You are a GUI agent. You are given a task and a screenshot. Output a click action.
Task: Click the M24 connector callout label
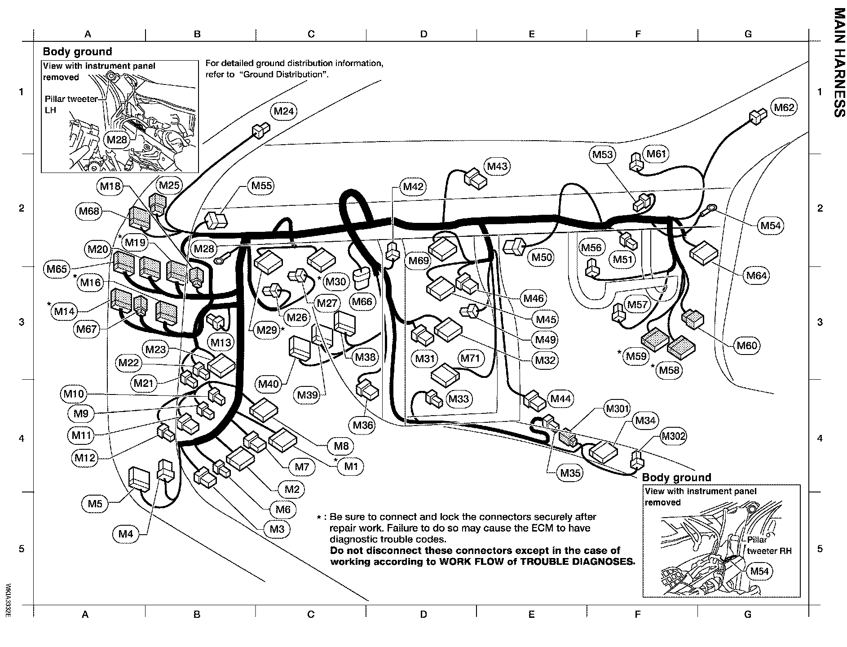[284, 111]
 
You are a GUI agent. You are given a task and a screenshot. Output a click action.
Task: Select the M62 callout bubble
[784, 107]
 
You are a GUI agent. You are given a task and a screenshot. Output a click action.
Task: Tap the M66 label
[362, 302]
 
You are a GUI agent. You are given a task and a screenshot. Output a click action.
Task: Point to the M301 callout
[617, 409]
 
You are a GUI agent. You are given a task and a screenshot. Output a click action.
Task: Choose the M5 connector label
[95, 504]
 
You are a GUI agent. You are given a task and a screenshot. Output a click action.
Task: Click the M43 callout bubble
[497, 167]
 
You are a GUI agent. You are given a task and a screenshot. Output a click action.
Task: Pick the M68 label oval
[89, 211]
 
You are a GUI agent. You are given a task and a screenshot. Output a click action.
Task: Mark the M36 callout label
[363, 425]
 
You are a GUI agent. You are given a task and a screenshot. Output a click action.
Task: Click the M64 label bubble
[756, 275]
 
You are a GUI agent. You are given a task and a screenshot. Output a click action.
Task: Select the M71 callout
[470, 358]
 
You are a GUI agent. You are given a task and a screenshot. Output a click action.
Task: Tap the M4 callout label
[126, 534]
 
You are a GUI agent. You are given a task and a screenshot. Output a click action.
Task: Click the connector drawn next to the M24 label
[260, 131]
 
